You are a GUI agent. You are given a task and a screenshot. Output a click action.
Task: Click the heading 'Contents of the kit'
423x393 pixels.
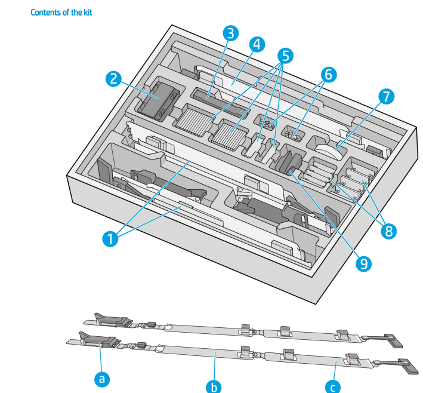click(61, 12)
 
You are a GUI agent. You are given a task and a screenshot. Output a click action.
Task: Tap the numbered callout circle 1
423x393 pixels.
click(109, 239)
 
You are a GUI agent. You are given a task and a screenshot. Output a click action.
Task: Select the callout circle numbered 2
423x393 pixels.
click(114, 78)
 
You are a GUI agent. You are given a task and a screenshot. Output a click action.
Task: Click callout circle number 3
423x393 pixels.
click(229, 33)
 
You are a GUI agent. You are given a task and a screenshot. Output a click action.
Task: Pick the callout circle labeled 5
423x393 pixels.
click(285, 56)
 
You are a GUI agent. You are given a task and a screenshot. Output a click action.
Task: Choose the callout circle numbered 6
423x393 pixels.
click(328, 75)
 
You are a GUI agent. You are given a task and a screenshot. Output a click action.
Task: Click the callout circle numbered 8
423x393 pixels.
click(389, 231)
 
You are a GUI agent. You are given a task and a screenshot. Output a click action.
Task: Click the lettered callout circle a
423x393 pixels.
click(102, 378)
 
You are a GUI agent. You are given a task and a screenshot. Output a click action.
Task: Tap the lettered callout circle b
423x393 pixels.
click(214, 386)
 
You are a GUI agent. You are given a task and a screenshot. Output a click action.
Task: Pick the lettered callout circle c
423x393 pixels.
click(333, 386)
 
